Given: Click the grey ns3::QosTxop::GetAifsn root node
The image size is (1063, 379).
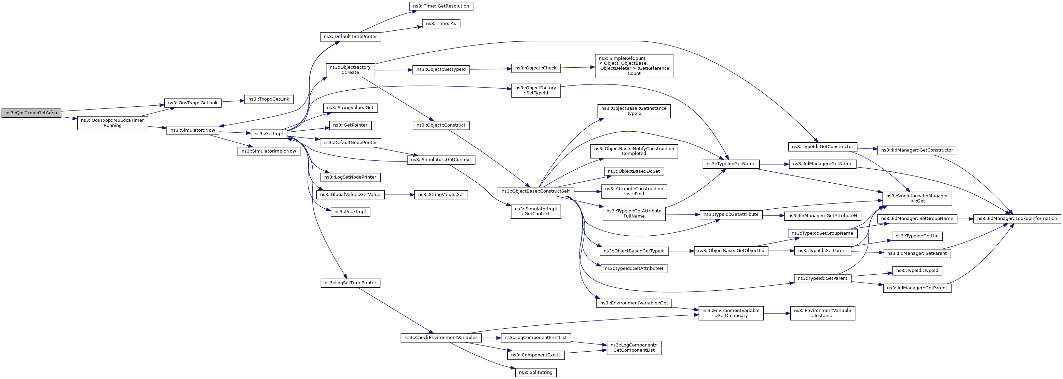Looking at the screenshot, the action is point(31,113).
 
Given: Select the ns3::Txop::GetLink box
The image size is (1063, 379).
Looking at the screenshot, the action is point(269,99).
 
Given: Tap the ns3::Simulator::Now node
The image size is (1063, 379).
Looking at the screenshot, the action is point(193,130).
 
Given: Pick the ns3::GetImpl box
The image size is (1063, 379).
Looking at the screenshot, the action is point(269,133).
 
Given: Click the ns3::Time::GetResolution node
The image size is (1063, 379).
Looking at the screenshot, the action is point(441,6).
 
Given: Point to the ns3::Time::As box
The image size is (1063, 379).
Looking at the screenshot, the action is point(441,24).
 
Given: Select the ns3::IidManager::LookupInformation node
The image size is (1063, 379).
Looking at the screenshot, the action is point(1017,219).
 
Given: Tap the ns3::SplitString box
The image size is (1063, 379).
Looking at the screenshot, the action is point(536,373).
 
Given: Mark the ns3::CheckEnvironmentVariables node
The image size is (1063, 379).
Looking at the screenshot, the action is point(441,338).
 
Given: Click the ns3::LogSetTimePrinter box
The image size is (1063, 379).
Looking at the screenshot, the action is point(350,283).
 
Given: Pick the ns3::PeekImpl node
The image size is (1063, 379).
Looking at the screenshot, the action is point(350,212).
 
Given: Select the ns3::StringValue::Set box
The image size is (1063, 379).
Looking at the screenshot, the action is point(441,194).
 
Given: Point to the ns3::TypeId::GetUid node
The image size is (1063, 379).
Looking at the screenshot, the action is point(917,236).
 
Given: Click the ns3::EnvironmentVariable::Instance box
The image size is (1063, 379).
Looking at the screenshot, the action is point(822,313).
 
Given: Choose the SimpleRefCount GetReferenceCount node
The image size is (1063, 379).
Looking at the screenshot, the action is point(634,66).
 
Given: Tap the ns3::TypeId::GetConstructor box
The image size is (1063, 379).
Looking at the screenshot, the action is point(822,147).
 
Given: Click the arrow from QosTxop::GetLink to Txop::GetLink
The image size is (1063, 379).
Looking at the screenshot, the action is point(233,101).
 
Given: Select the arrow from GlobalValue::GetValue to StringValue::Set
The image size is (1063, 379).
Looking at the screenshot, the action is point(399,195).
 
